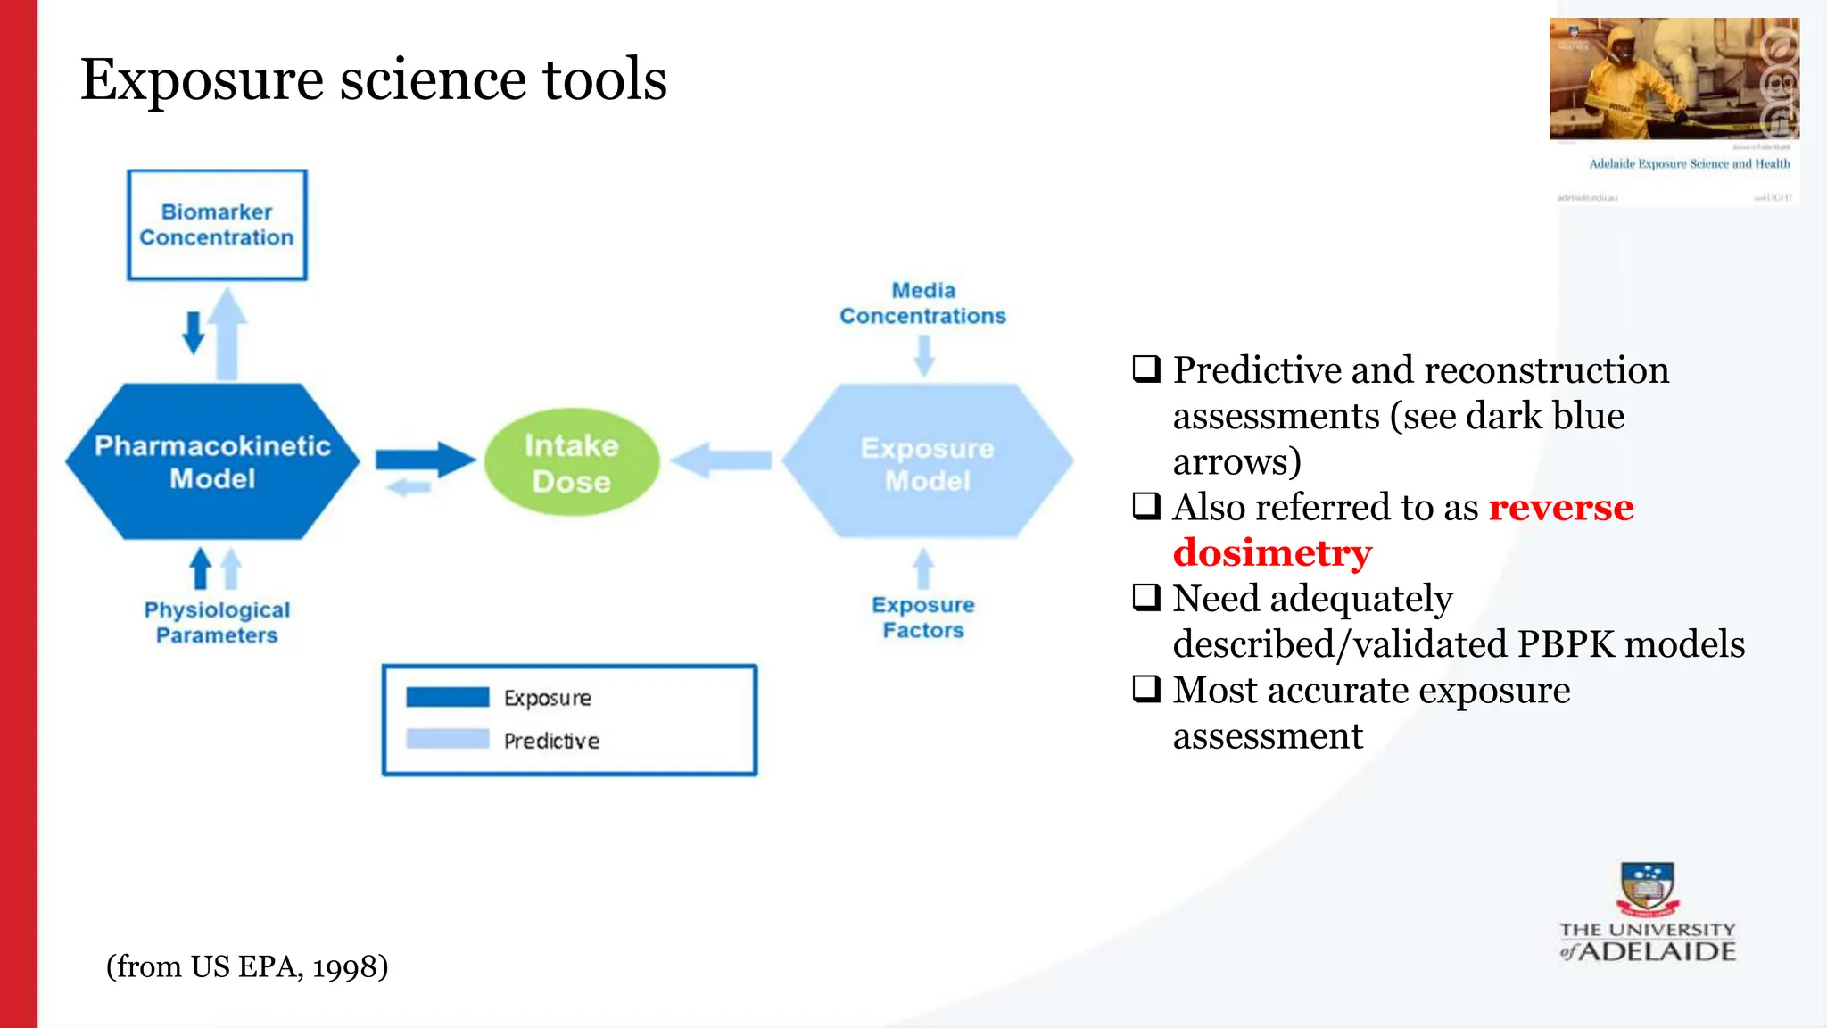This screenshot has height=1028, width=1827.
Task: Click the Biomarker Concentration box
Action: pyautogui.click(x=217, y=225)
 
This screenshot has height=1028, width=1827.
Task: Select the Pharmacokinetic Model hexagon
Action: pyautogui.click(x=212, y=461)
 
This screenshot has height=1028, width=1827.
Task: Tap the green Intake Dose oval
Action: pyautogui.click(x=571, y=462)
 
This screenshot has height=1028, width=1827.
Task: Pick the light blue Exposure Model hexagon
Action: pyautogui.click(x=927, y=462)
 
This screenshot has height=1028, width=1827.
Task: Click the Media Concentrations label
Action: pyautogui.click(x=922, y=303)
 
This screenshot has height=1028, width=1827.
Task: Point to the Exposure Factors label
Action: pyautogui.click(x=922, y=618)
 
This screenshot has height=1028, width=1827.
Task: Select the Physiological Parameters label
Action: pyautogui.click(x=217, y=622)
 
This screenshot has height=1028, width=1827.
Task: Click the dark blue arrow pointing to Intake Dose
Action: pyautogui.click(x=425, y=460)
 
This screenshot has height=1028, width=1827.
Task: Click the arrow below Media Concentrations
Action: pyautogui.click(x=924, y=355)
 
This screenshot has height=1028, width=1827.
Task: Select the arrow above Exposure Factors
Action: pyautogui.click(x=923, y=568)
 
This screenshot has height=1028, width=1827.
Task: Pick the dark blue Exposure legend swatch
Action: pyautogui.click(x=447, y=697)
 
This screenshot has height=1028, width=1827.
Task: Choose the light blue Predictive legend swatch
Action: pyautogui.click(x=447, y=739)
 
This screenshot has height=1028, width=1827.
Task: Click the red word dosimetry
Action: pyautogui.click(x=1272, y=553)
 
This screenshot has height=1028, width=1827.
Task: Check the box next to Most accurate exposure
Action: pyautogui.click(x=1146, y=689)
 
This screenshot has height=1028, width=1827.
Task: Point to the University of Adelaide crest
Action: pyautogui.click(x=1647, y=889)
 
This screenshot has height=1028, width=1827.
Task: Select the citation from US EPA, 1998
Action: pyautogui.click(x=247, y=966)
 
